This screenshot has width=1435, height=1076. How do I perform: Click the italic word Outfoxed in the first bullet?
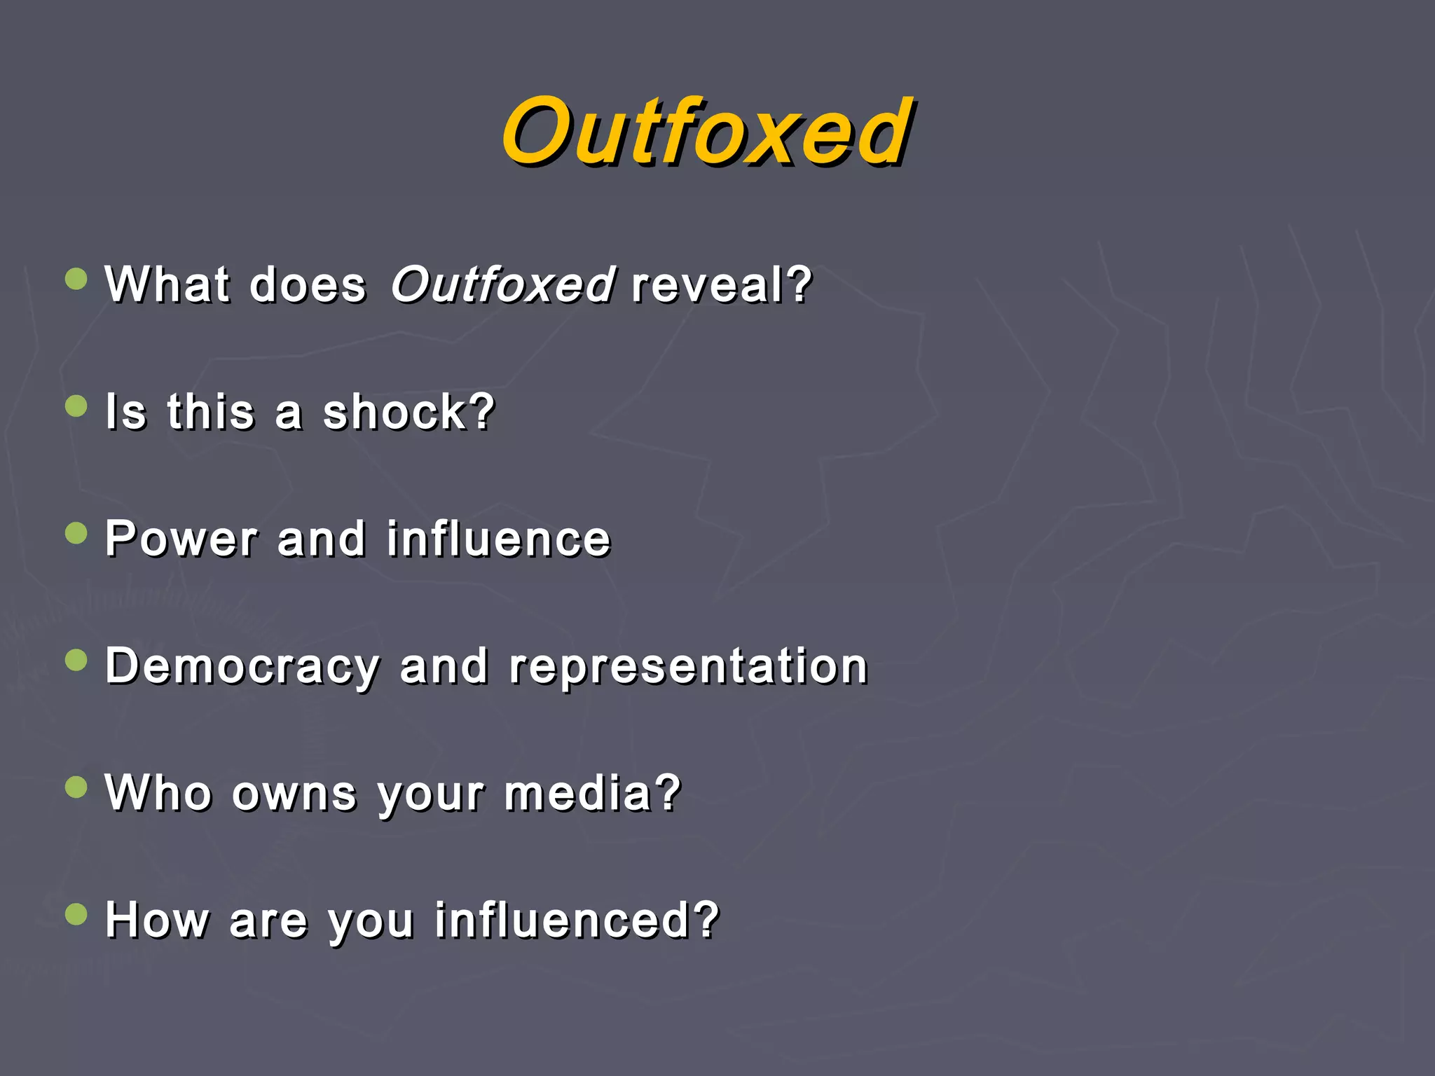[x=502, y=284]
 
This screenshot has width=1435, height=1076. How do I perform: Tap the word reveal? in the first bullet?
[x=721, y=284]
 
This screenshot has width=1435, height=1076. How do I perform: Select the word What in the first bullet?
[x=167, y=284]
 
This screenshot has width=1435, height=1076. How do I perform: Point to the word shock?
[x=408, y=412]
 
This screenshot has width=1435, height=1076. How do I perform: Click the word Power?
[x=181, y=539]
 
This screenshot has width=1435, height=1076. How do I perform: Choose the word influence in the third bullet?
[x=499, y=539]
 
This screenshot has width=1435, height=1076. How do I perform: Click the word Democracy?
[x=242, y=667]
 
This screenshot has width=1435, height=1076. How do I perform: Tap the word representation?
[x=688, y=667]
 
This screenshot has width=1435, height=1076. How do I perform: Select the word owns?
[x=294, y=794]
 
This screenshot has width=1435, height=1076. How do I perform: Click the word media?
[x=592, y=794]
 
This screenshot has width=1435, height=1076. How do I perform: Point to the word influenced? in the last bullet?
[x=577, y=920]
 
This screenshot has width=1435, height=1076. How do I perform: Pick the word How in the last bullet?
[x=157, y=920]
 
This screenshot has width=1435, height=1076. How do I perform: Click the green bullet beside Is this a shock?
[x=76, y=406]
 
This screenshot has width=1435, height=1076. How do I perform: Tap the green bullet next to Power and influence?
[x=76, y=534]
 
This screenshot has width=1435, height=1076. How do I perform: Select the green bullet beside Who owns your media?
[x=76, y=787]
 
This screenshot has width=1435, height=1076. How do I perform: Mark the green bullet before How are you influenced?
[x=76, y=914]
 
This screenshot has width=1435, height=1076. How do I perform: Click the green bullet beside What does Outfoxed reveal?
[x=76, y=280]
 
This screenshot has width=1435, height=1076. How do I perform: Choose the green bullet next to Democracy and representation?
[x=76, y=661]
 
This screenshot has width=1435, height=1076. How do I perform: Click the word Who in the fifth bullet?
[x=158, y=794]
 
